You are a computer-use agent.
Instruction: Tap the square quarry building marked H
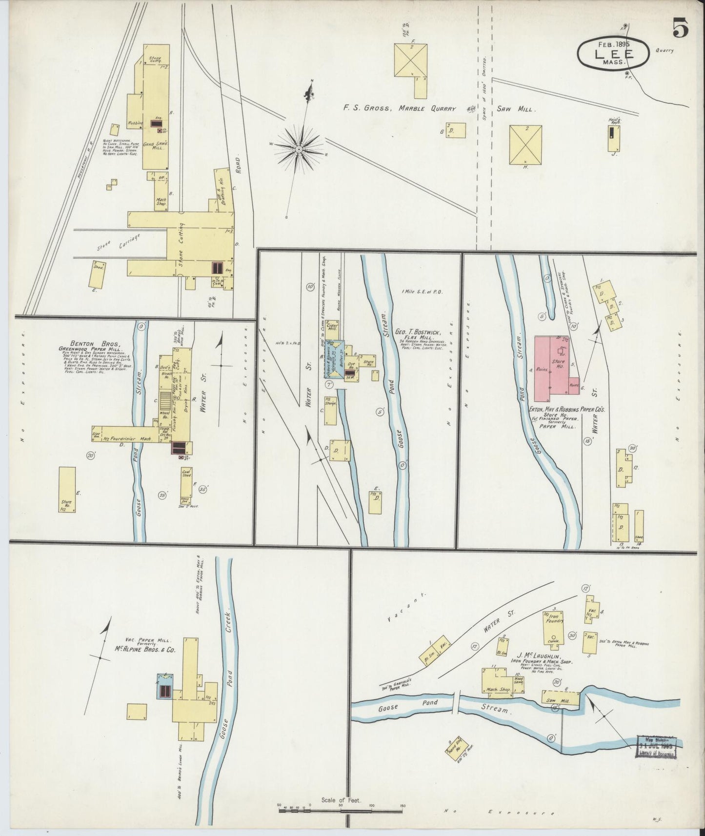click(525, 145)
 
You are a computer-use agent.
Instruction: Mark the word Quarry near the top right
click(665, 50)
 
